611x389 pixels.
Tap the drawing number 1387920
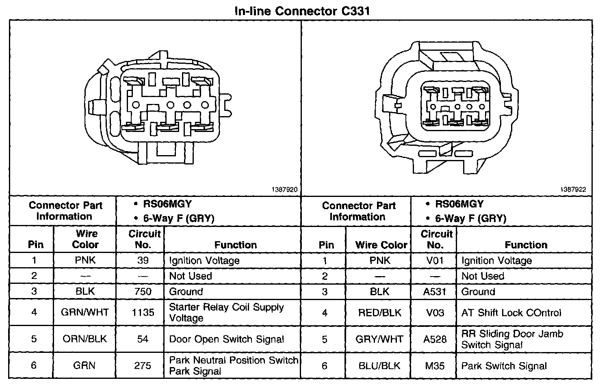pyautogui.click(x=284, y=190)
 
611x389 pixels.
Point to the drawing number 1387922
pyautogui.click(x=573, y=190)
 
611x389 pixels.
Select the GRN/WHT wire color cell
pyautogui.click(x=85, y=312)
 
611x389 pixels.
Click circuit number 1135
pyautogui.click(x=143, y=312)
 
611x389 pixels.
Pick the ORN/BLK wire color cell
pyautogui.click(x=85, y=339)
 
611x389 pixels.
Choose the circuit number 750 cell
pyautogui.click(x=143, y=292)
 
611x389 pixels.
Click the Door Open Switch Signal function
pyautogui.click(x=226, y=339)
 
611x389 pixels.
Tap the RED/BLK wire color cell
pyautogui.click(x=379, y=313)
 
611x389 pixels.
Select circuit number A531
pyautogui.click(x=435, y=292)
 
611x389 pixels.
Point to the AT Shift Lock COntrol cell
pyautogui.click(x=511, y=313)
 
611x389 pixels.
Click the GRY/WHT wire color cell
pyautogui.click(x=379, y=339)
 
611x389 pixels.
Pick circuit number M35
pyautogui.click(x=435, y=366)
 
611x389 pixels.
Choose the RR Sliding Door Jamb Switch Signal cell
pyautogui.click(x=512, y=339)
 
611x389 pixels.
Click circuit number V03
pyautogui.click(x=435, y=313)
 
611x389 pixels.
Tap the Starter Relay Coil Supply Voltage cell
pyautogui.click(x=226, y=312)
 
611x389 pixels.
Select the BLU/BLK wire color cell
pyautogui.click(x=379, y=366)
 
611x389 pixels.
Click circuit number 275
pyautogui.click(x=143, y=365)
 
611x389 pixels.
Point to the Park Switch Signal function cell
pyautogui.click(x=504, y=366)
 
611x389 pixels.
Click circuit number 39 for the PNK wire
pyautogui.click(x=143, y=260)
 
